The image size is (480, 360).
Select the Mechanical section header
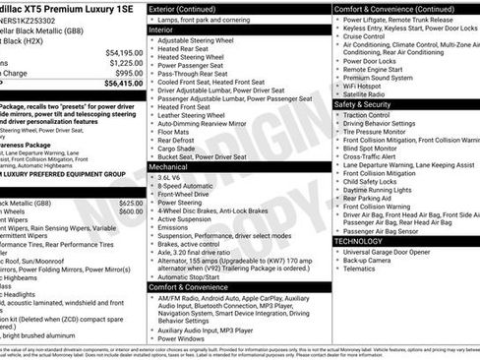(170, 167)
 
